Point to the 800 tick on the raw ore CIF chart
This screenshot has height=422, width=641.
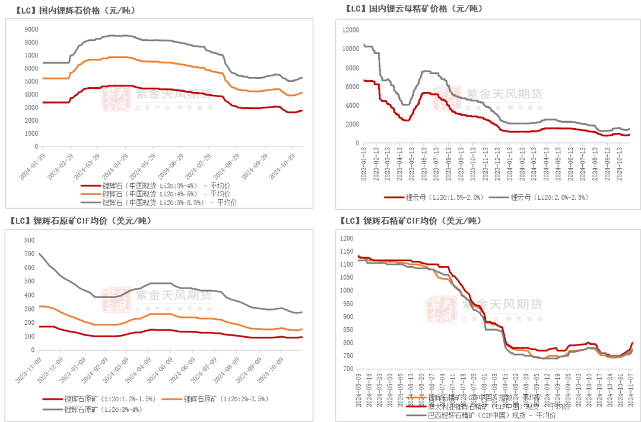point(29,240)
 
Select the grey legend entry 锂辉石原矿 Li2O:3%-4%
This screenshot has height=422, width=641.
point(95,409)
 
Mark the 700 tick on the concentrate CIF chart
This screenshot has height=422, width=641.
point(348,369)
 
